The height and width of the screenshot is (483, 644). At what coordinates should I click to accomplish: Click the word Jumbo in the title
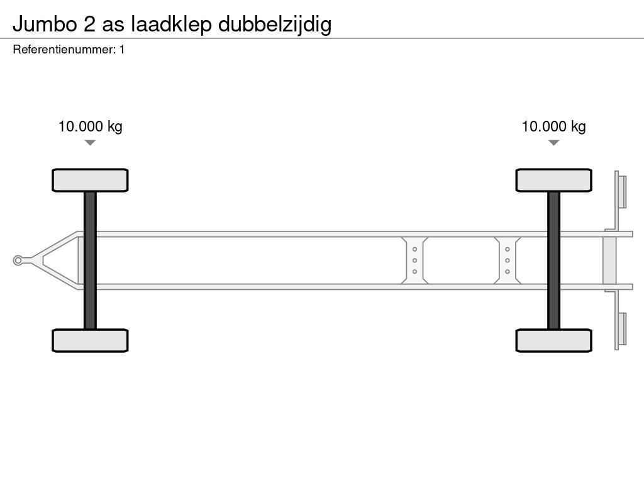tap(45, 25)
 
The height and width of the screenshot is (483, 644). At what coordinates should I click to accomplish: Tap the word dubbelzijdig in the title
tap(275, 25)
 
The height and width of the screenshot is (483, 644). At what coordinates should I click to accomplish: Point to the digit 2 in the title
tap(89, 24)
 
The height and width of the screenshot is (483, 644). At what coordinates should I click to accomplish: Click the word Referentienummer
tap(65, 50)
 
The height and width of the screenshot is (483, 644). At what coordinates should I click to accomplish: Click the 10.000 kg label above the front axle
tap(91, 126)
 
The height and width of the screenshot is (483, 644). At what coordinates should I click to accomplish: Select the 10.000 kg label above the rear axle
tap(553, 126)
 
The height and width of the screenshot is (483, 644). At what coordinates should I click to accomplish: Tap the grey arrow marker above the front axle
tap(90, 143)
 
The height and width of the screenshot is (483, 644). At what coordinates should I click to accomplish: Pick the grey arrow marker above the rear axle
tap(553, 143)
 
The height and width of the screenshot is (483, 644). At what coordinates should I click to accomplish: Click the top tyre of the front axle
tap(90, 180)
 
